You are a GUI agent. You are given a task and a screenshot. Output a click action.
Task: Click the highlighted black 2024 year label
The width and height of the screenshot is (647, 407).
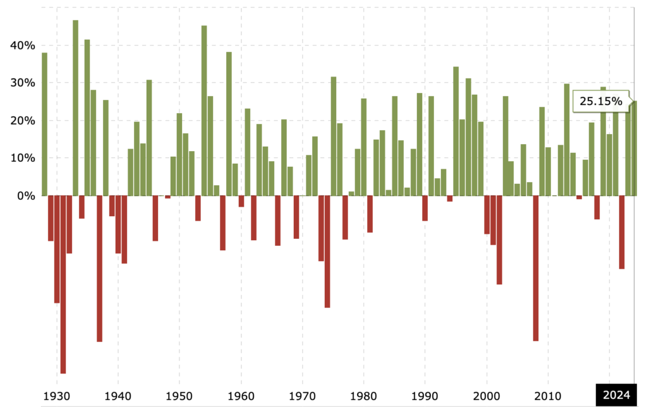615,395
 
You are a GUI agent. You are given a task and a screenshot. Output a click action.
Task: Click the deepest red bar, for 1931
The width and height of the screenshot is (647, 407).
63,284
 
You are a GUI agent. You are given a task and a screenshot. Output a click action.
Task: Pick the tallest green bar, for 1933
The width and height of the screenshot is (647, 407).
75,107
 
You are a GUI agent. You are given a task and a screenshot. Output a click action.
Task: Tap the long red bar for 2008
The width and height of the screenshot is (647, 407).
536,268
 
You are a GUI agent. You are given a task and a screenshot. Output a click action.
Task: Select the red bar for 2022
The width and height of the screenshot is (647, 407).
622,232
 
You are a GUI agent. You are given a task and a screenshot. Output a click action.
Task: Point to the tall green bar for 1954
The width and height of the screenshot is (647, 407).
204,111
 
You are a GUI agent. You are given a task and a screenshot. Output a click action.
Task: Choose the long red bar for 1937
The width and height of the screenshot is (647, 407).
100,269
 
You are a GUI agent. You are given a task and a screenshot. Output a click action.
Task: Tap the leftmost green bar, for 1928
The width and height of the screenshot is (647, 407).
45,124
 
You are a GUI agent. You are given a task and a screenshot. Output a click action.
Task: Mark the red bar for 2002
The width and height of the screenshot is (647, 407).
499,240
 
